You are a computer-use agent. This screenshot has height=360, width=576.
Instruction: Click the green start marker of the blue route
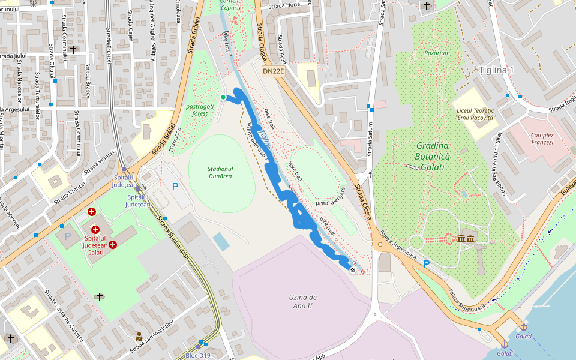(x=223, y=97)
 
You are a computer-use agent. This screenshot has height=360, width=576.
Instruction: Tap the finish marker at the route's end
(x=353, y=270)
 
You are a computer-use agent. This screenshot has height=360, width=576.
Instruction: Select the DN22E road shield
(x=273, y=71)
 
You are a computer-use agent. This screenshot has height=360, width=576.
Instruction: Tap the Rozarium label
(x=437, y=53)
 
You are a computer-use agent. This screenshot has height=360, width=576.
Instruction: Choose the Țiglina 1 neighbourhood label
(x=496, y=70)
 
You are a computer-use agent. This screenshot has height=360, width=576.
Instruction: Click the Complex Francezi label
(x=542, y=139)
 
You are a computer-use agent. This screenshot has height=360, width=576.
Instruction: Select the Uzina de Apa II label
(x=302, y=302)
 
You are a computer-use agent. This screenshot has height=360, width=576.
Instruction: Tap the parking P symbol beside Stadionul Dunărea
(x=175, y=187)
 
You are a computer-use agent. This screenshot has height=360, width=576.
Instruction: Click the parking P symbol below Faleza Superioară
(x=427, y=263)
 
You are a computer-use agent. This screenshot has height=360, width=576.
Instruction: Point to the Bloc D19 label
(x=198, y=355)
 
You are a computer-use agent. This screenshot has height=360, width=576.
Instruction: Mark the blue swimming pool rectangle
(x=221, y=242)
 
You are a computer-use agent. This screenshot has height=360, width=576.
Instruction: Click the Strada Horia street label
(x=284, y=5)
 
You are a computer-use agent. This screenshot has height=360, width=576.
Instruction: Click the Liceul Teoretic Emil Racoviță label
(x=475, y=114)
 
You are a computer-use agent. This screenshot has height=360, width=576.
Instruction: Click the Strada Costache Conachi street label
(x=65, y=316)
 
